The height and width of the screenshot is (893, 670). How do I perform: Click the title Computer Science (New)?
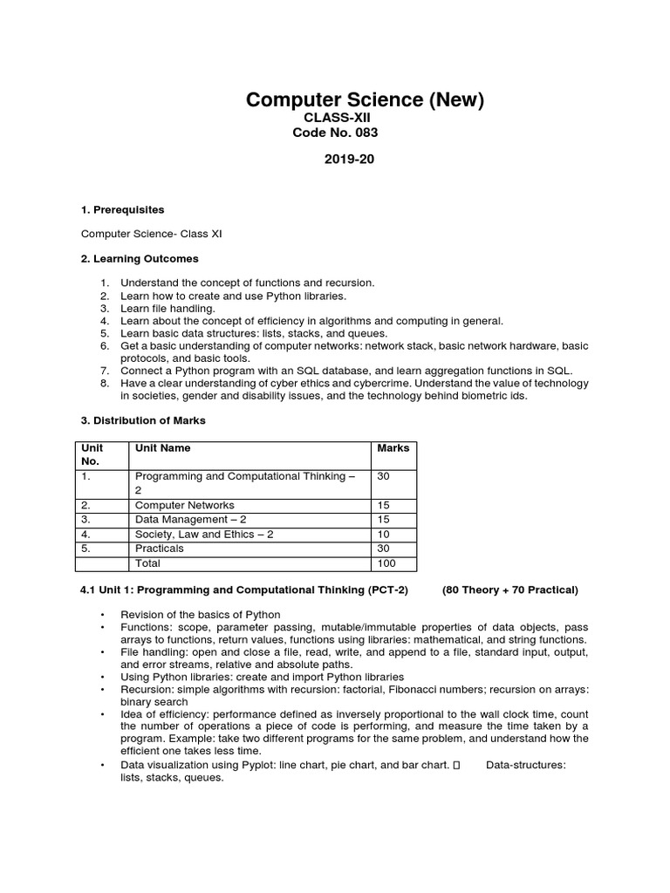[x=365, y=100]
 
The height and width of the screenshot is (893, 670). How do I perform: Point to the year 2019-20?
[x=349, y=159]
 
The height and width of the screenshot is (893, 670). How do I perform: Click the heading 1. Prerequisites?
[x=122, y=210]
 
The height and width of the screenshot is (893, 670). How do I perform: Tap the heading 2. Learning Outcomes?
[x=140, y=259]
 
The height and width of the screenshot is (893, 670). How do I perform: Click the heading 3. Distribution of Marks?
[x=143, y=421]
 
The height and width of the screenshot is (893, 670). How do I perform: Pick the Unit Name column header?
[x=162, y=448]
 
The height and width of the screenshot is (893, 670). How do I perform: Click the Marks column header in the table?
[x=393, y=448]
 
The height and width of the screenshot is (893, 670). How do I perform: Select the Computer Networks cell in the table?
[x=184, y=505]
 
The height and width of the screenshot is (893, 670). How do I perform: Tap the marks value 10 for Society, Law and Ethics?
[x=384, y=534]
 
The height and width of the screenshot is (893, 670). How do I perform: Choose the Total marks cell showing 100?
[x=386, y=563]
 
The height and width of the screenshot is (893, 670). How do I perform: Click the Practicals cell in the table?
[x=160, y=549]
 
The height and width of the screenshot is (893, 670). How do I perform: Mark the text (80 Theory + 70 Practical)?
[x=509, y=590]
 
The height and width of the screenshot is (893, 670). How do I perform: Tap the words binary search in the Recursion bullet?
[x=157, y=701]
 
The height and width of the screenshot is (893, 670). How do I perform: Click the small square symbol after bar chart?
[x=458, y=766]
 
